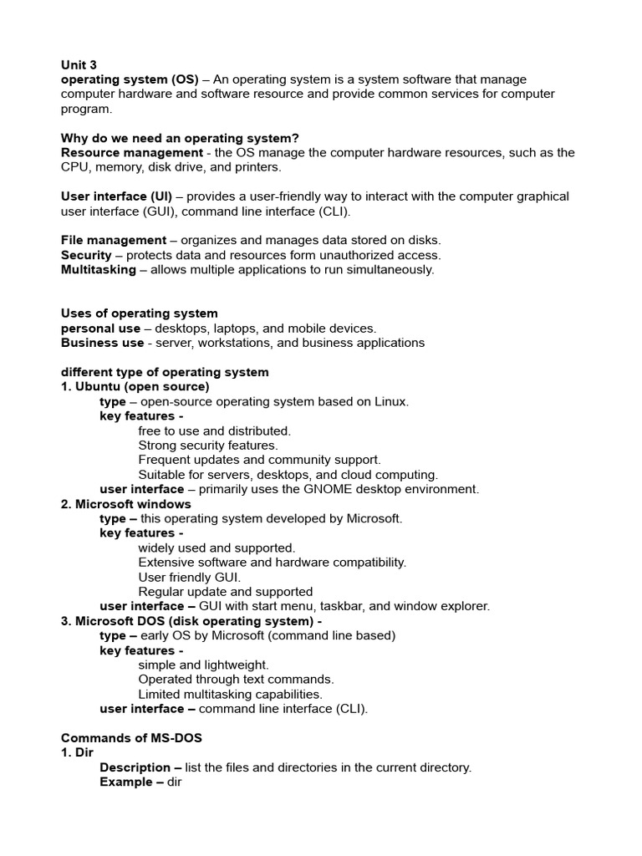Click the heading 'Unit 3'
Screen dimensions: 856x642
pos(79,64)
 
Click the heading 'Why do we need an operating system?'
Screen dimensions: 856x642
pos(180,138)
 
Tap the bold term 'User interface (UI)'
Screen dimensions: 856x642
pos(116,196)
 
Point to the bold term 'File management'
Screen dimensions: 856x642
pos(114,241)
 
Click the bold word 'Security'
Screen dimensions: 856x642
pos(86,255)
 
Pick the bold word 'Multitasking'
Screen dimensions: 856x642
pos(98,269)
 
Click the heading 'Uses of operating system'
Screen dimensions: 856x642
pos(139,313)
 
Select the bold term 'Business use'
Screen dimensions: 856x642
pos(102,343)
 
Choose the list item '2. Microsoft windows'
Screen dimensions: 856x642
pos(125,504)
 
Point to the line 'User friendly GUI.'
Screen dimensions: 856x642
pos(189,577)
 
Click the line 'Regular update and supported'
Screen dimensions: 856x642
pos(226,592)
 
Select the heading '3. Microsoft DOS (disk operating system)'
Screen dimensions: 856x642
pos(191,621)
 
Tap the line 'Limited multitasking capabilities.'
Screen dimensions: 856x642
pos(230,694)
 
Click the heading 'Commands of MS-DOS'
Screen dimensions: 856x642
pos(131,738)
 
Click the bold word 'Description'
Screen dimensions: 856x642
pos(135,767)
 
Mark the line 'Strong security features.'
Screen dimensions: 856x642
pos(208,446)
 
